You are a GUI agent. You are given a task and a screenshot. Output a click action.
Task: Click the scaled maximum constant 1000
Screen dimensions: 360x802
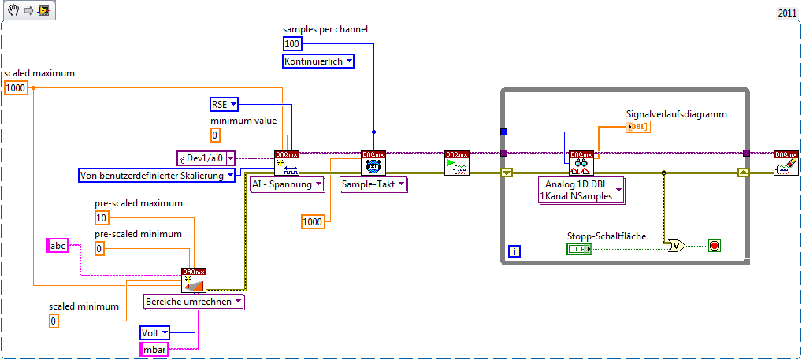tap(16, 88)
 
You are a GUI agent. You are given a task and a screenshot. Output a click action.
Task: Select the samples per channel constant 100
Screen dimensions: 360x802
tap(292, 44)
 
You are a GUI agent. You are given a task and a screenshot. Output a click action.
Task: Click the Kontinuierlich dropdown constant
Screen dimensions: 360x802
tap(318, 61)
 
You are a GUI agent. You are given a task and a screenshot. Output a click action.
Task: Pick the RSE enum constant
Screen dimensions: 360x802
tap(225, 104)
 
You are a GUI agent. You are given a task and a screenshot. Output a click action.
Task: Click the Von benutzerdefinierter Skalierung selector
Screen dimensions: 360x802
tap(157, 175)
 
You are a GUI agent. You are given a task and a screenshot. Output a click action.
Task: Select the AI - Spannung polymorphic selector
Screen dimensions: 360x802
tap(287, 184)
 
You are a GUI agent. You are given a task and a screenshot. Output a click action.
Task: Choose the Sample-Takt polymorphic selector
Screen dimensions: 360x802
tap(373, 184)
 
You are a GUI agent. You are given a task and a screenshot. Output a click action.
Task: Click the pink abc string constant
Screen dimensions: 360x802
tap(58, 246)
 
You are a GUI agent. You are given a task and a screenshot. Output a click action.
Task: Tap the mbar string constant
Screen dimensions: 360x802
tap(154, 349)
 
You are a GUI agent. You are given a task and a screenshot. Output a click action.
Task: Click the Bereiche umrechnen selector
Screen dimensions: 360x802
tap(194, 301)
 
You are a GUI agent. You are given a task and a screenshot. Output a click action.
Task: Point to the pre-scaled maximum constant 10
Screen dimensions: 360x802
tap(102, 217)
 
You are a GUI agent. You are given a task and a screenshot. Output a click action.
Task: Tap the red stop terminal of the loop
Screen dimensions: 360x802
tap(715, 246)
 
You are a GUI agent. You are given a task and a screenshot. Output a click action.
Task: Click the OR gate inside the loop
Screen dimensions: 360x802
tap(676, 246)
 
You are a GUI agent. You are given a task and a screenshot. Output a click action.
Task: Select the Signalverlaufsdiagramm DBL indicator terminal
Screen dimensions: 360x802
tap(637, 127)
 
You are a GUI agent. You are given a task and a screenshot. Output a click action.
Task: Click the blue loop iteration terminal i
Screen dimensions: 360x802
tap(514, 252)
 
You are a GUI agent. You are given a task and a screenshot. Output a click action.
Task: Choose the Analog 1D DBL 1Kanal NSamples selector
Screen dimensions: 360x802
tap(579, 191)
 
